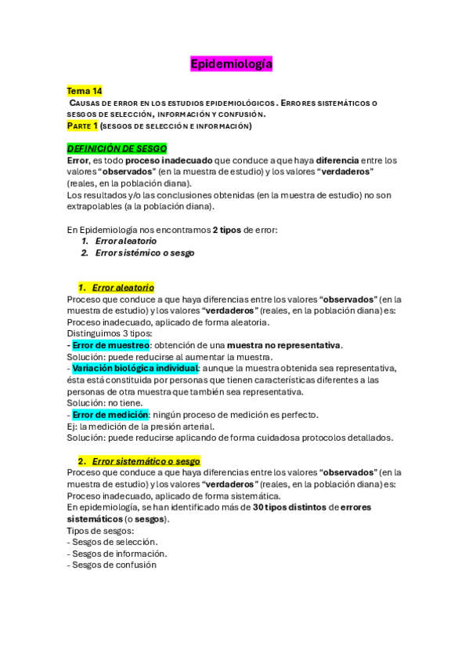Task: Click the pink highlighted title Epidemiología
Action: pos(231,64)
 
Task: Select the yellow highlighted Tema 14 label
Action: pos(85,91)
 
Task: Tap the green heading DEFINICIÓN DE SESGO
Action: pos(117,148)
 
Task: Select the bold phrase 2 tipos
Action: pos(225,230)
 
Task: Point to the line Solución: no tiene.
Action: pos(105,403)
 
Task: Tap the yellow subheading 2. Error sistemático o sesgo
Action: pos(139,461)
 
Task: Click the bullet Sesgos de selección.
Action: pos(114,542)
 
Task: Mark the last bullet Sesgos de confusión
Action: pos(114,565)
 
